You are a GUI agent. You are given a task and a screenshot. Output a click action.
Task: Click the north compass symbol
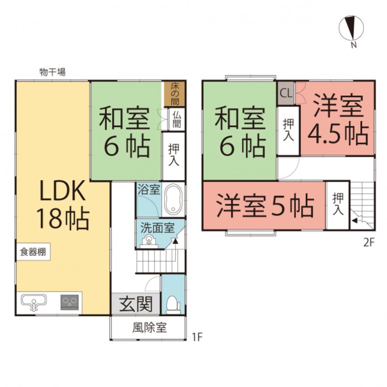(x=351, y=28)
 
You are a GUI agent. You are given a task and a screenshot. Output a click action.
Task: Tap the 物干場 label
(x=52, y=73)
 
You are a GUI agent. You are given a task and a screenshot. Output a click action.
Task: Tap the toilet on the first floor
(x=173, y=305)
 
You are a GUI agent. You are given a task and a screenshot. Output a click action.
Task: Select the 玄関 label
(x=136, y=304)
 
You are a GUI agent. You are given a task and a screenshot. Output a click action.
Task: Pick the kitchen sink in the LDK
(x=34, y=302)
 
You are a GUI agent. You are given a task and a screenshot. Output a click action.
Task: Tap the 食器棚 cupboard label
(x=33, y=253)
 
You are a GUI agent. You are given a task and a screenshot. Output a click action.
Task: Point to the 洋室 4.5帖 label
(x=338, y=120)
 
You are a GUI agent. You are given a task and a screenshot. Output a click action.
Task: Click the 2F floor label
(x=367, y=241)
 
